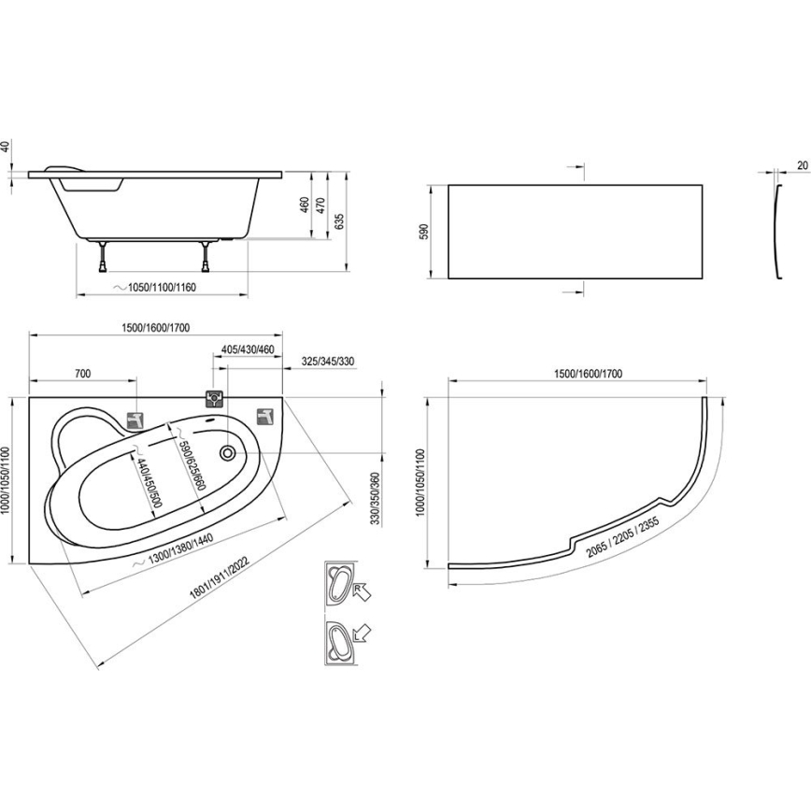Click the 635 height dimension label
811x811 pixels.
point(341,222)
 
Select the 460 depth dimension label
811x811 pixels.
point(304,205)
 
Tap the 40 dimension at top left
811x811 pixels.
point(5,147)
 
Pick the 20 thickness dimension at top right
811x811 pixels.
point(802,165)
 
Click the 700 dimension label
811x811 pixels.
point(82,374)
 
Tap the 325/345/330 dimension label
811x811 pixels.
point(329,362)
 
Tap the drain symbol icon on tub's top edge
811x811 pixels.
point(215,398)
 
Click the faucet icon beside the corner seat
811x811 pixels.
point(135,420)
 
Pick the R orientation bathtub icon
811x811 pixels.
point(345,585)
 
